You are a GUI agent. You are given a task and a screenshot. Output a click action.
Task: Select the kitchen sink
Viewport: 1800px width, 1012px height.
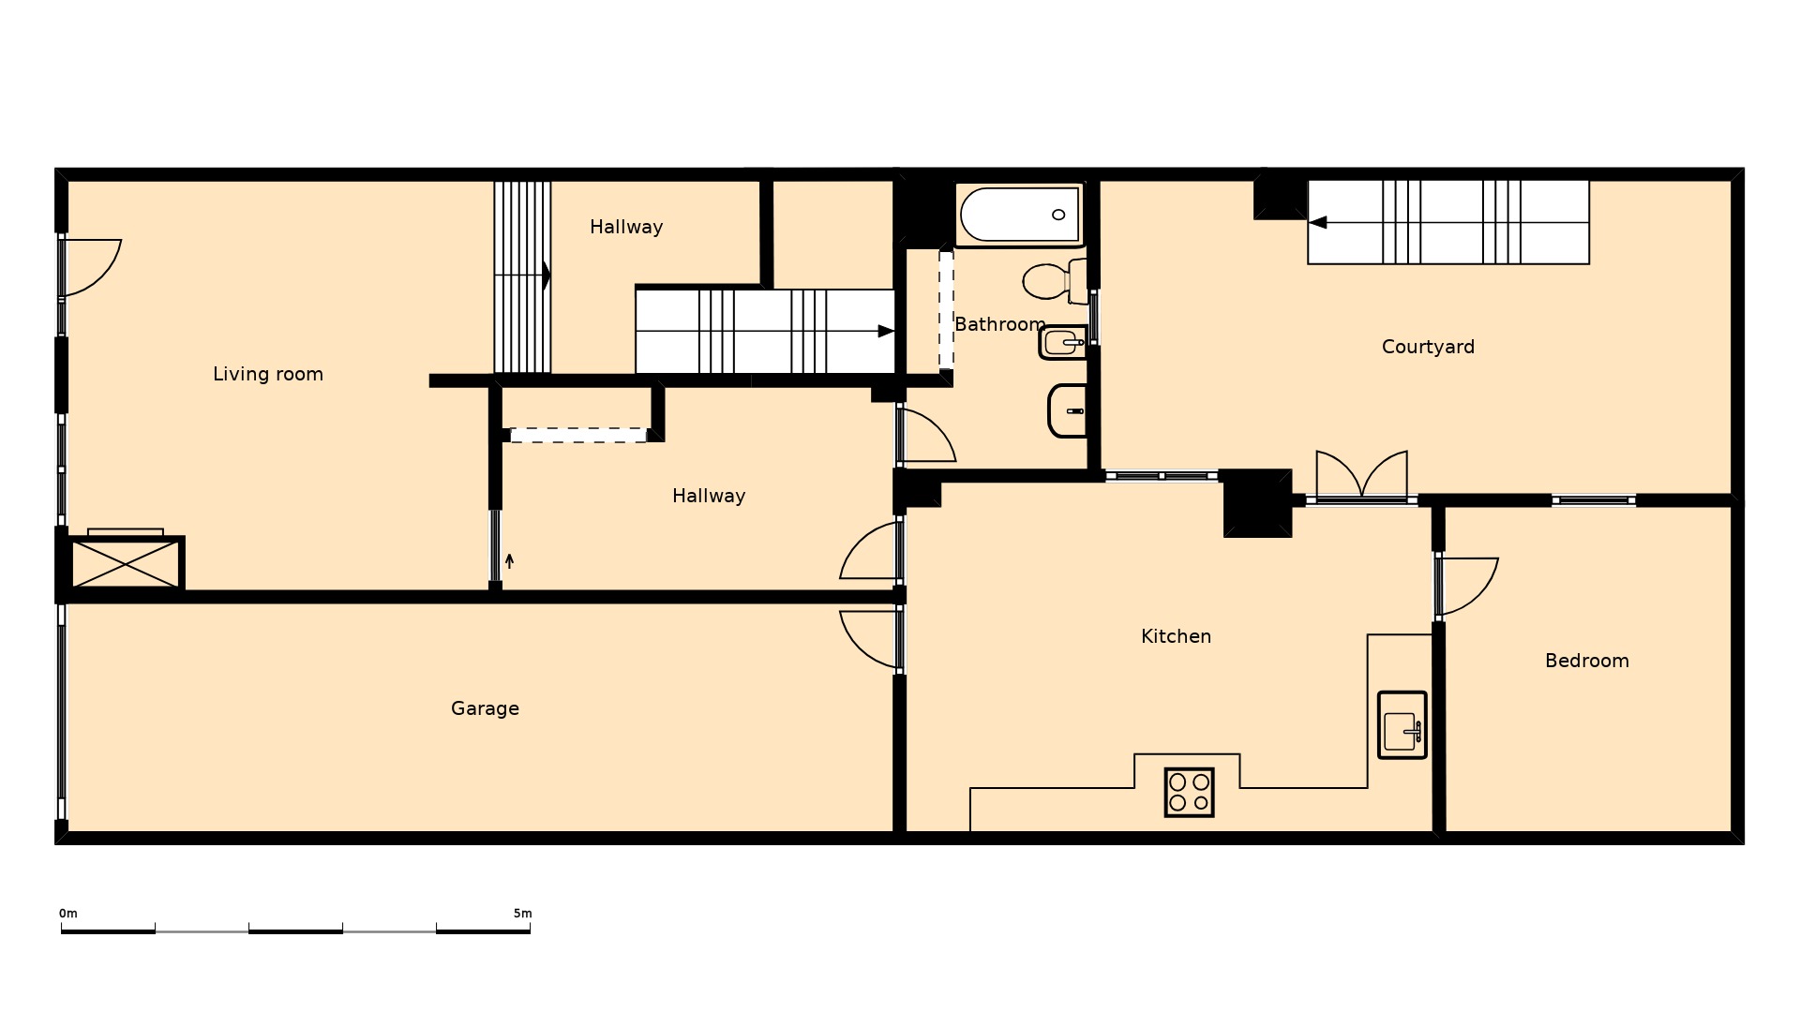pos(1402,725)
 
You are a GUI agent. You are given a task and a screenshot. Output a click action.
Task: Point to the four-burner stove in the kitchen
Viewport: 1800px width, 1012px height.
pos(1189,793)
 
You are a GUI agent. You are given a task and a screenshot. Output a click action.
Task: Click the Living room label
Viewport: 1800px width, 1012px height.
pos(268,374)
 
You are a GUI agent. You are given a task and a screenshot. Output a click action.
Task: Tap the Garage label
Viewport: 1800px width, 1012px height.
pos(485,708)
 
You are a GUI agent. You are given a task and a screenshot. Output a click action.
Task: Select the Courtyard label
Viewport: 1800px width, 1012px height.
pos(1428,347)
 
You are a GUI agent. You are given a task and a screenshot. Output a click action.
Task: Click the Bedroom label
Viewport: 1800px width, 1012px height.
pos(1586,661)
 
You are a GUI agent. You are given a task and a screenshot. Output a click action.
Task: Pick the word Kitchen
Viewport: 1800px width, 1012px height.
pos(1176,636)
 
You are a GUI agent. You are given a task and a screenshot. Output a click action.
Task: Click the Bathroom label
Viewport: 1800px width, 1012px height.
pos(999,324)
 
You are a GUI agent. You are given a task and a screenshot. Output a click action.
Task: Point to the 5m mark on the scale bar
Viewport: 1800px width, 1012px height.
pos(522,914)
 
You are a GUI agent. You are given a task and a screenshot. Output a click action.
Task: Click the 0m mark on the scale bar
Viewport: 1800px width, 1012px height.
pos(68,914)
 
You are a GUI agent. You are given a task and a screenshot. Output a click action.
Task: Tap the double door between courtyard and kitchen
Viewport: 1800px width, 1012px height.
pos(1361,476)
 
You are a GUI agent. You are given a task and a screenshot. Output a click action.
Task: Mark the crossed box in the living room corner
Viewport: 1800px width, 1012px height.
pos(126,563)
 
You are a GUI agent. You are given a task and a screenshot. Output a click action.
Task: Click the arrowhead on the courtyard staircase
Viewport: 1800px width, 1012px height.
pos(1318,222)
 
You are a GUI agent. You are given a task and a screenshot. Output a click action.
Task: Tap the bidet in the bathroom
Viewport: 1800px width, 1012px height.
pos(1062,343)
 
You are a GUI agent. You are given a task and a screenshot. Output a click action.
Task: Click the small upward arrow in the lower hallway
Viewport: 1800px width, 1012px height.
pos(509,560)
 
